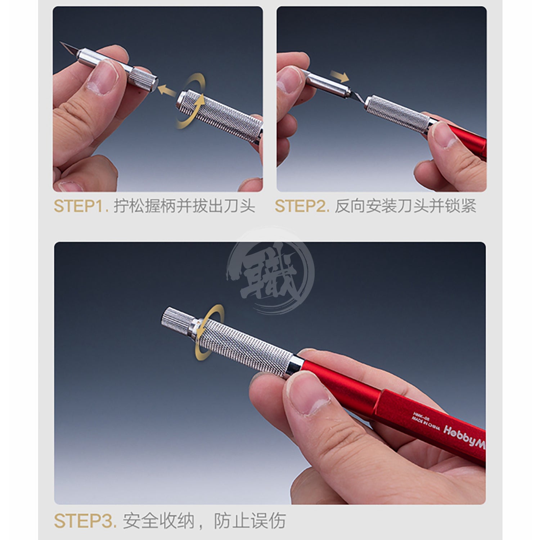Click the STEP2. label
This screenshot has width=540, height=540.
302,206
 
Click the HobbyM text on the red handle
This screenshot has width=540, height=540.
464,436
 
